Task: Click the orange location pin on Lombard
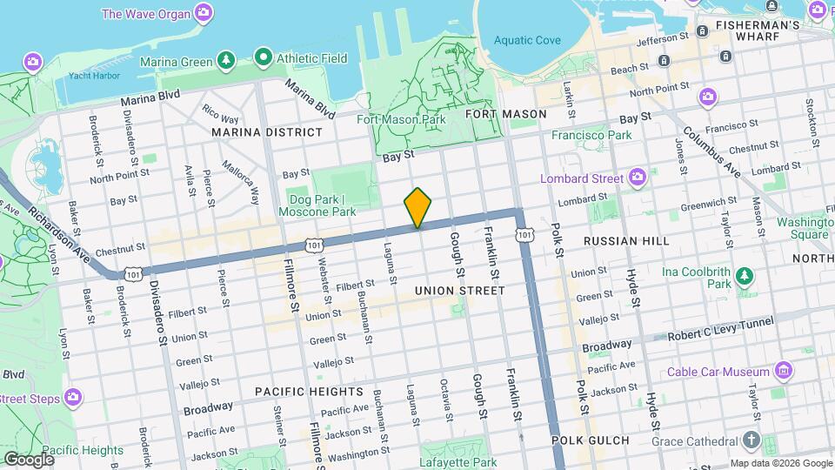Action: pos(418,207)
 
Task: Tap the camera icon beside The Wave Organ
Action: pos(204,12)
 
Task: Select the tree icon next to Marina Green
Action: pos(226,59)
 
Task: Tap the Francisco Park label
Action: pos(591,135)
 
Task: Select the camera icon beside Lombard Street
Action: pos(638,178)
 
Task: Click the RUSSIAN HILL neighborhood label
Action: pos(626,240)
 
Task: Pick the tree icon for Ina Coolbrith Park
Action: pos(745,277)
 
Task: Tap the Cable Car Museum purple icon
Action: pos(784,372)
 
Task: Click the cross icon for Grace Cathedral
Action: pos(752,440)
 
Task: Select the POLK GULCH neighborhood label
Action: pos(591,440)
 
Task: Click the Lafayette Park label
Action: pos(458,462)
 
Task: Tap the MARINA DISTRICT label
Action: pos(266,132)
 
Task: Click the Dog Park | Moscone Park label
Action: pos(317,205)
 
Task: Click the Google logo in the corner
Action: pos(29,459)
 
